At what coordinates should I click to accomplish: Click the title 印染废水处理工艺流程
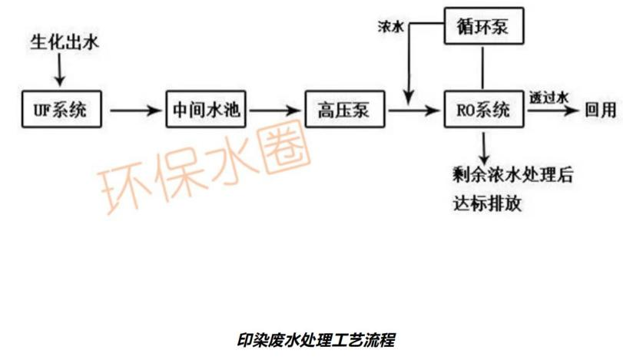pos(316,339)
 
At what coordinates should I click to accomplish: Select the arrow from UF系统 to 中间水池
pos(136,111)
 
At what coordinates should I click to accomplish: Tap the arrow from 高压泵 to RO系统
pos(415,111)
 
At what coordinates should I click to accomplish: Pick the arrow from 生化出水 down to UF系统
pos(61,74)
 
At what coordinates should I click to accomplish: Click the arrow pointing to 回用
pos(552,111)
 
